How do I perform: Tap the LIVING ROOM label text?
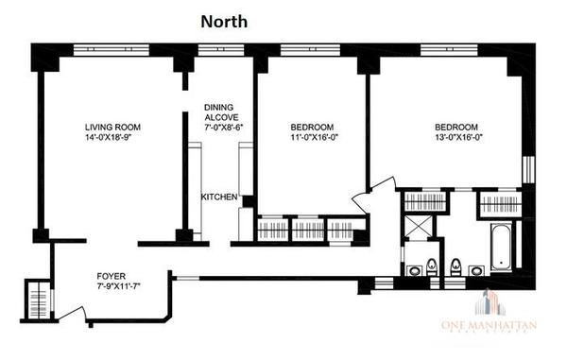(x=112, y=127)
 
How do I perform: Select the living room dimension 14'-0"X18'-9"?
(x=112, y=139)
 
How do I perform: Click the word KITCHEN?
(x=220, y=197)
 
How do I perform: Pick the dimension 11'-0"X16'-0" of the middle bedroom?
(x=312, y=139)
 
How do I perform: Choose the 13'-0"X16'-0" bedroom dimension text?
(x=456, y=139)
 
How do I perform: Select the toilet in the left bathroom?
(x=431, y=264)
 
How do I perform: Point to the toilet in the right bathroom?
(x=455, y=264)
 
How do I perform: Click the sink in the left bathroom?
(x=414, y=271)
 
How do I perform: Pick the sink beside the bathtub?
(x=476, y=271)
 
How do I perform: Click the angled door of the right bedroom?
(x=363, y=201)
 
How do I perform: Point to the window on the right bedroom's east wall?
(x=527, y=168)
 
